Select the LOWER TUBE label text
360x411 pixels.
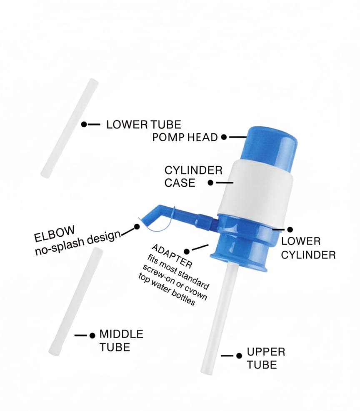[144, 124]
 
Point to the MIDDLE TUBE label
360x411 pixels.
[121, 341]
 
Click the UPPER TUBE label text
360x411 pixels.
[266, 358]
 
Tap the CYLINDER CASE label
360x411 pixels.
[193, 176]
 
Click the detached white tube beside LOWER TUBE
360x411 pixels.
[70, 128]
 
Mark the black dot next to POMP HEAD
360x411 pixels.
[224, 136]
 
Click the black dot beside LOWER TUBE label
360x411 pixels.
[84, 124]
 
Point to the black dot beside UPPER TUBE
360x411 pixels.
[239, 356]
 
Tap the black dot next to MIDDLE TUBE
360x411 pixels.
[92, 335]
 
